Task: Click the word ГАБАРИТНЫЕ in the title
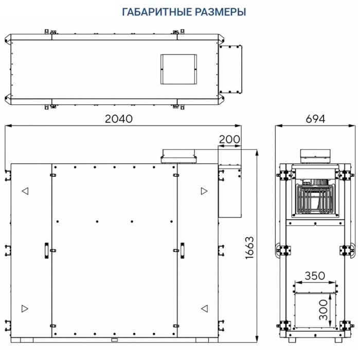149,11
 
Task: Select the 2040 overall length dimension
119,119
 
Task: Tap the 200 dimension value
229,139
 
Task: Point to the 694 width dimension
315,119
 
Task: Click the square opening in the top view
179,69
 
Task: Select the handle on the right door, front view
182,249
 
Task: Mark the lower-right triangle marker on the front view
204,308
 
